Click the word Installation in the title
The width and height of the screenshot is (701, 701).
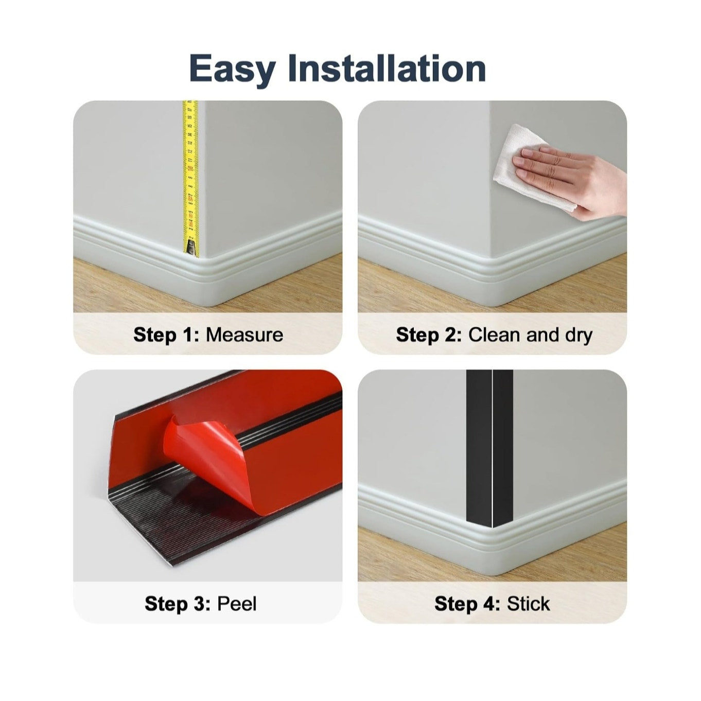pos(387,68)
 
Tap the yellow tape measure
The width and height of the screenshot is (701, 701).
pos(190,178)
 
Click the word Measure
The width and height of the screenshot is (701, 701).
pos(244,335)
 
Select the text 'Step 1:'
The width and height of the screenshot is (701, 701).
pos(167,335)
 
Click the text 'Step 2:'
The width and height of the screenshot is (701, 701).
pos(429,335)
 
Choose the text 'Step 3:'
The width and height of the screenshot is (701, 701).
pos(178,605)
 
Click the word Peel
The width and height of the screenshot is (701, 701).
pos(237,604)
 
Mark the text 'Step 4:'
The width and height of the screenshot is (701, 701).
pos(467,605)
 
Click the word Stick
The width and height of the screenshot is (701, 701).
pos(528,604)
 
